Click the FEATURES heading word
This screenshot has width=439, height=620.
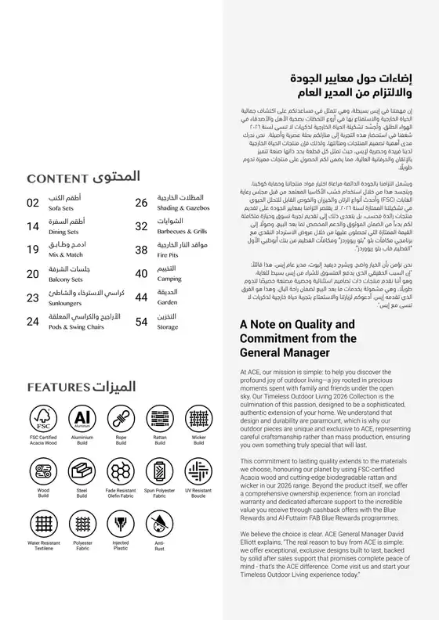pyautogui.click(x=56, y=387)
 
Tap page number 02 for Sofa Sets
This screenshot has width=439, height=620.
pyautogui.click(x=33, y=203)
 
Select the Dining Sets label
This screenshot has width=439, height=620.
pyautogui.click(x=62, y=232)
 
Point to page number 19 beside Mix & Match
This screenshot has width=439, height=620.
pyautogui.click(x=33, y=250)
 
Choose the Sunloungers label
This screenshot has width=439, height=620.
pyautogui.click(x=63, y=302)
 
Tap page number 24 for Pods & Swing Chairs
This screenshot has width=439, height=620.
pyautogui.click(x=33, y=321)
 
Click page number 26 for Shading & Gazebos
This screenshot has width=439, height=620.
pyautogui.click(x=141, y=203)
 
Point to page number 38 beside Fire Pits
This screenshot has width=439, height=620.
pyautogui.click(x=141, y=250)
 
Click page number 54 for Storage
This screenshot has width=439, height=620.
pyautogui.click(x=141, y=321)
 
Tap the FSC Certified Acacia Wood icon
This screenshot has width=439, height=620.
pyautogui.click(x=43, y=418)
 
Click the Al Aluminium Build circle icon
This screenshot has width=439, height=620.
pyautogui.click(x=82, y=418)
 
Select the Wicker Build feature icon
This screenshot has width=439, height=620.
pyautogui.click(x=199, y=418)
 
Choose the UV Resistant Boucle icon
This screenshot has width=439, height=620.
pyautogui.click(x=199, y=471)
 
